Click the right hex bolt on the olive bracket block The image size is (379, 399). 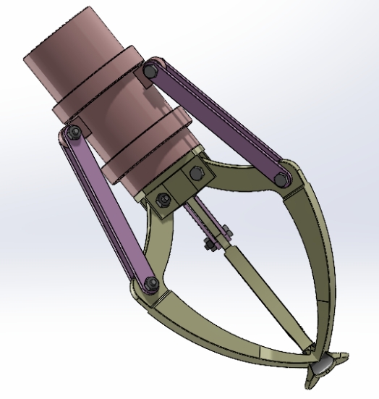[x=195, y=175]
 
